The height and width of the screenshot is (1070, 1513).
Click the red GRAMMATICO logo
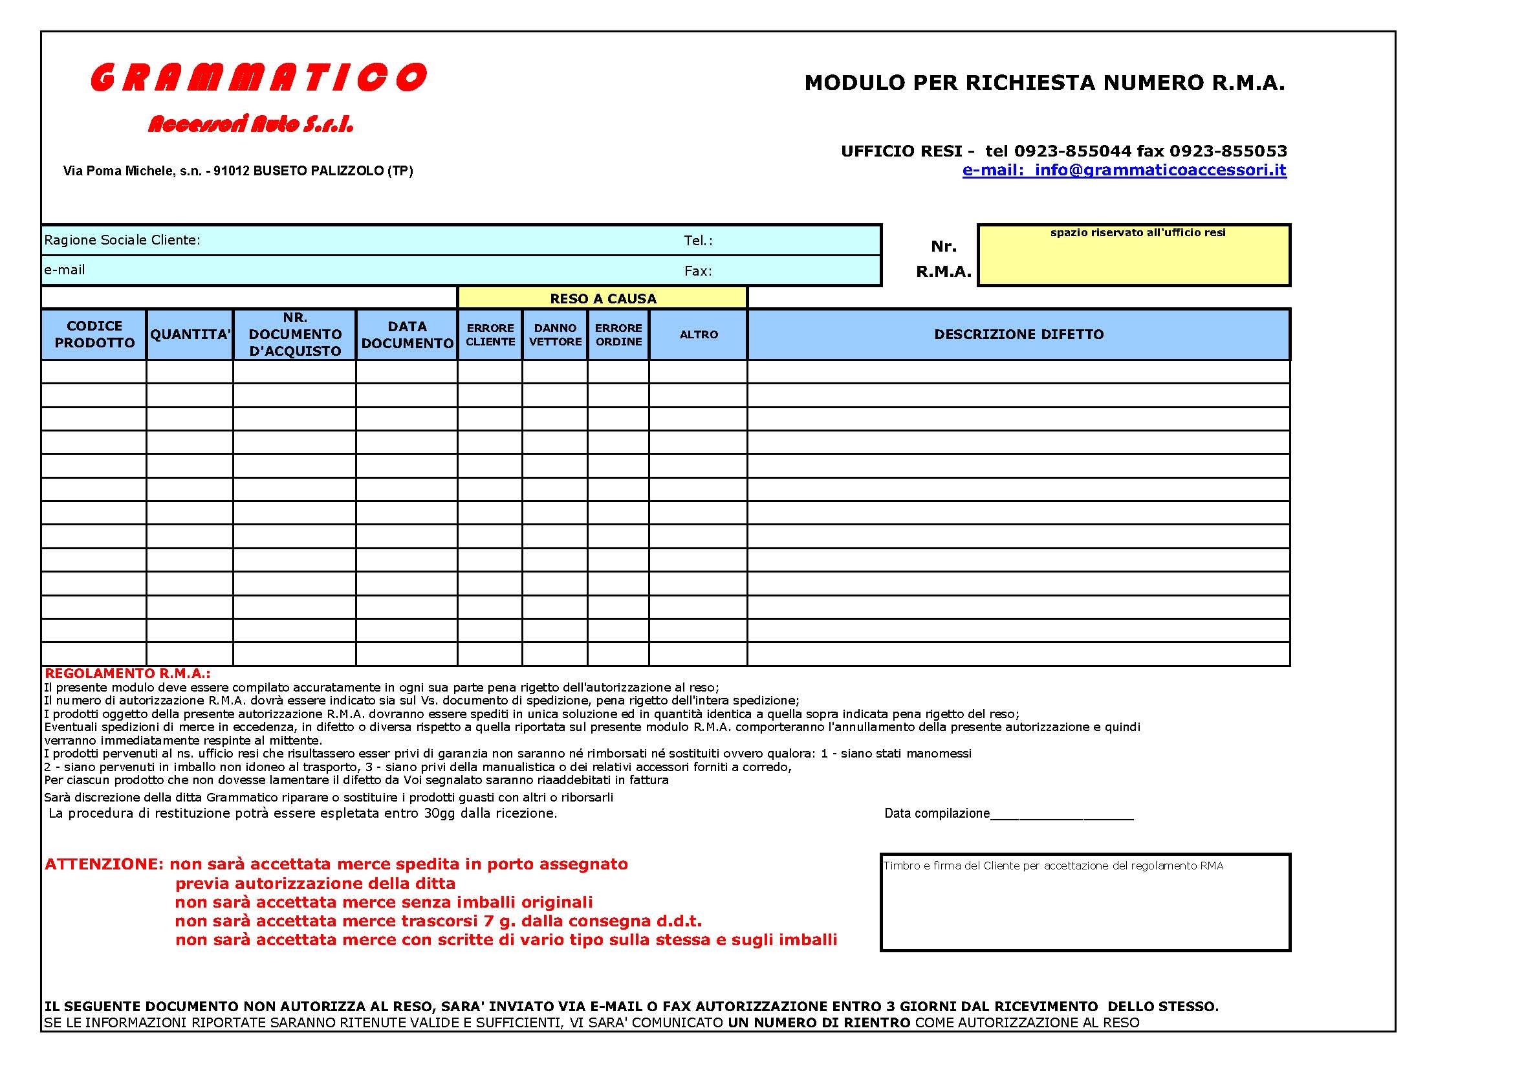coord(258,77)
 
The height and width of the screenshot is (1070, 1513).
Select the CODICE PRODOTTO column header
coord(94,334)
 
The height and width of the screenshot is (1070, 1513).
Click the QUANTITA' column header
coord(190,334)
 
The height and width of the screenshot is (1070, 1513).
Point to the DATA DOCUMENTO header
coord(408,334)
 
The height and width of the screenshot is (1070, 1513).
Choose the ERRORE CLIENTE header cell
coord(490,334)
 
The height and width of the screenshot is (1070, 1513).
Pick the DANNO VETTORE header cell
coord(555,334)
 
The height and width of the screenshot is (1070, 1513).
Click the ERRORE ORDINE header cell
coord(618,334)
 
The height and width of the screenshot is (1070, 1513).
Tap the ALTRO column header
coord(699,334)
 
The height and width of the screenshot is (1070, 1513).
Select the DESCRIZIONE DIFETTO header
coord(1019,334)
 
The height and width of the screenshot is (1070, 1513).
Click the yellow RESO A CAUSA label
coord(603,298)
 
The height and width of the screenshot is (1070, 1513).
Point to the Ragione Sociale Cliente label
coord(122,240)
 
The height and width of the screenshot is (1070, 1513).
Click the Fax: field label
coord(698,271)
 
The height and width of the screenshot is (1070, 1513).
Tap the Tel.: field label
coord(698,241)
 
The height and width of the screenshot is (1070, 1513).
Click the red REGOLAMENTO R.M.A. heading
coord(127,673)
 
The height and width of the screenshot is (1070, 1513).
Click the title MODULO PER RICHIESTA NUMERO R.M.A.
coord(1045,82)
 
